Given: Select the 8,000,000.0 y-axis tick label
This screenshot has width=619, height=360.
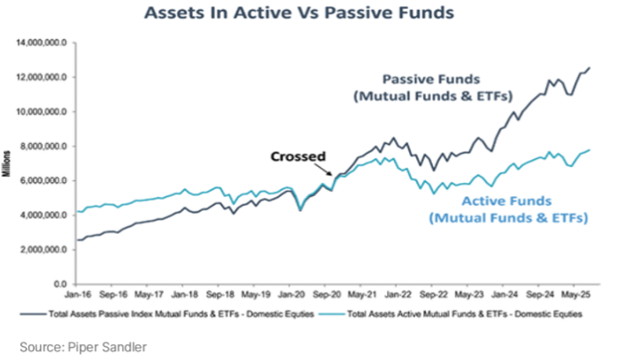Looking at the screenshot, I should click(48, 146).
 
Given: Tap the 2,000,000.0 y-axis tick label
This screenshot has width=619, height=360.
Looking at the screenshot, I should click(48, 250).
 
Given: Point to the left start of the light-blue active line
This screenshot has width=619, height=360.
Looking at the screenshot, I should click(78, 212).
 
